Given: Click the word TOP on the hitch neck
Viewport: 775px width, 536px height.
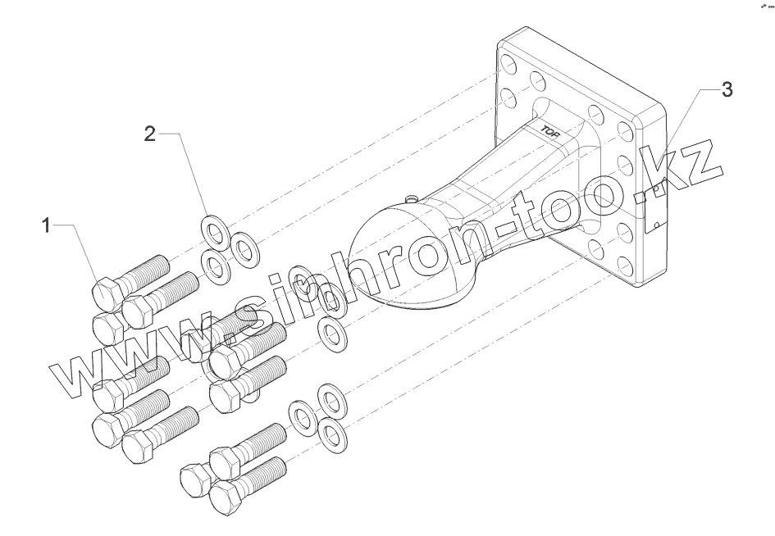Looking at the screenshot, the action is [x=549, y=129].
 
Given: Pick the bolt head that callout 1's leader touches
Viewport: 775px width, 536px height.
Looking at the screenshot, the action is [x=106, y=292].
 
